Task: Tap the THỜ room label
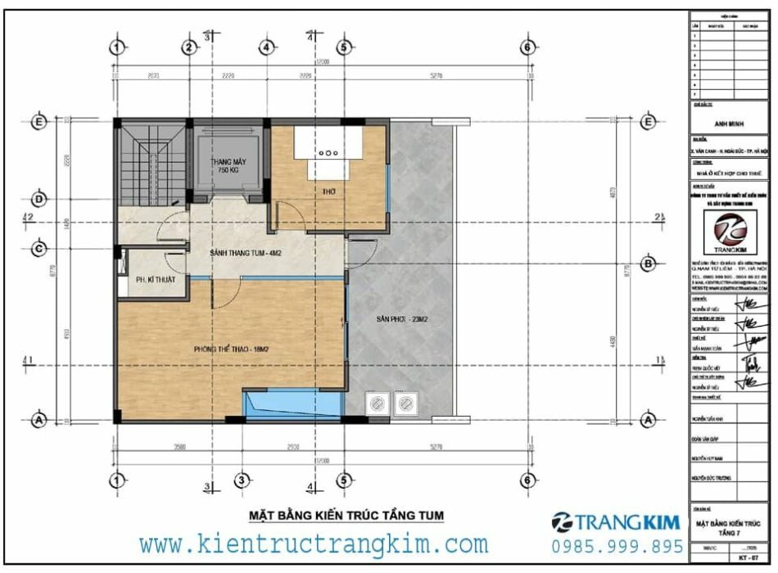(x=330, y=192)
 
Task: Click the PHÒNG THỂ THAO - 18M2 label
(x=232, y=349)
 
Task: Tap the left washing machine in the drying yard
(x=377, y=403)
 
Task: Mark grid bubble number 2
(x=188, y=47)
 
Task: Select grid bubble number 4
(x=265, y=47)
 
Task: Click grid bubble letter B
(x=648, y=264)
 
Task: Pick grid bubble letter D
(x=37, y=198)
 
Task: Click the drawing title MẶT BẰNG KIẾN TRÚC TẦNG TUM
(x=346, y=515)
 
